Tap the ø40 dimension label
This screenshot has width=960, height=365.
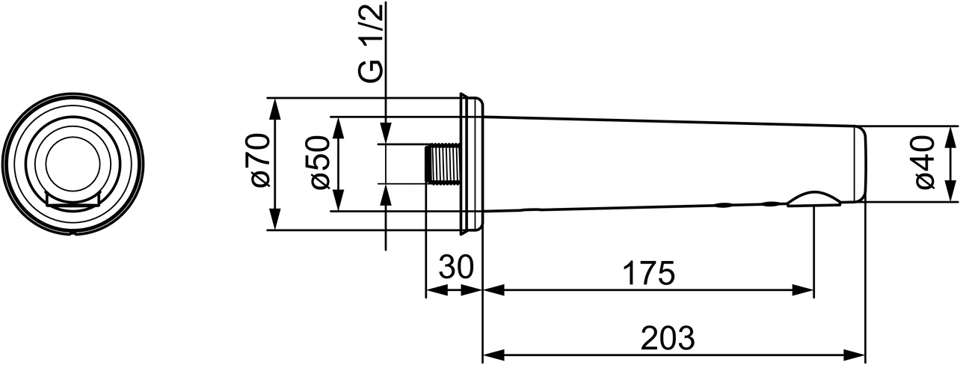[x=925, y=162]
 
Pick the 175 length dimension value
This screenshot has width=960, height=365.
[x=647, y=273]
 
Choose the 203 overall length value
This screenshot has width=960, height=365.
[x=668, y=339]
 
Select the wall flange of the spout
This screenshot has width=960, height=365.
[x=471, y=163]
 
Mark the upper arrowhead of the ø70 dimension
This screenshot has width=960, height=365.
[x=276, y=107]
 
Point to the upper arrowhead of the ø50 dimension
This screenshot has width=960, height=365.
[x=339, y=126]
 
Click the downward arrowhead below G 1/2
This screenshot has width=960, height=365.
[x=385, y=135]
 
